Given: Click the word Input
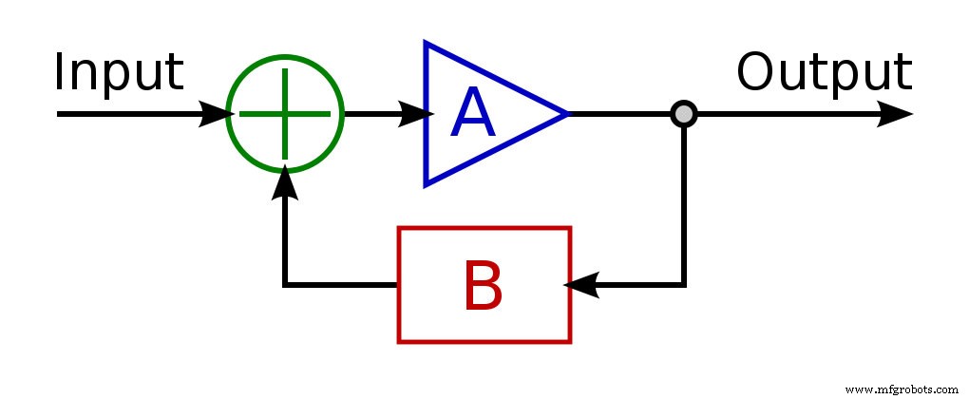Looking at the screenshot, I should click(x=118, y=73).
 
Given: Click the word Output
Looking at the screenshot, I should click(x=824, y=73).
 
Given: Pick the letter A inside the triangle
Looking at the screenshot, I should click(x=473, y=116).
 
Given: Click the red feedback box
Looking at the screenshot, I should click(x=484, y=284).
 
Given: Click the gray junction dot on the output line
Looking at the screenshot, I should click(x=684, y=115).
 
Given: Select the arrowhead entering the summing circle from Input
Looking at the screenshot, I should click(x=216, y=115).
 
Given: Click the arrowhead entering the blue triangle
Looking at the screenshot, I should click(x=412, y=115).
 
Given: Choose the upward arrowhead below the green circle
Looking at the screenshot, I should click(x=284, y=184).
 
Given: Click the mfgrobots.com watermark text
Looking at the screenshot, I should click(x=902, y=389).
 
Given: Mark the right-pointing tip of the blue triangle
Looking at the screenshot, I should click(x=566, y=115).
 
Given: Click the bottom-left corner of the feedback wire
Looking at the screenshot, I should click(x=284, y=284).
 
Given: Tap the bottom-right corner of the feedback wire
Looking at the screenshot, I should click(x=684, y=284).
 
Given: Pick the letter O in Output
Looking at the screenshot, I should click(x=757, y=72).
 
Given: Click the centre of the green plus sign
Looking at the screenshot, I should click(x=284, y=115).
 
